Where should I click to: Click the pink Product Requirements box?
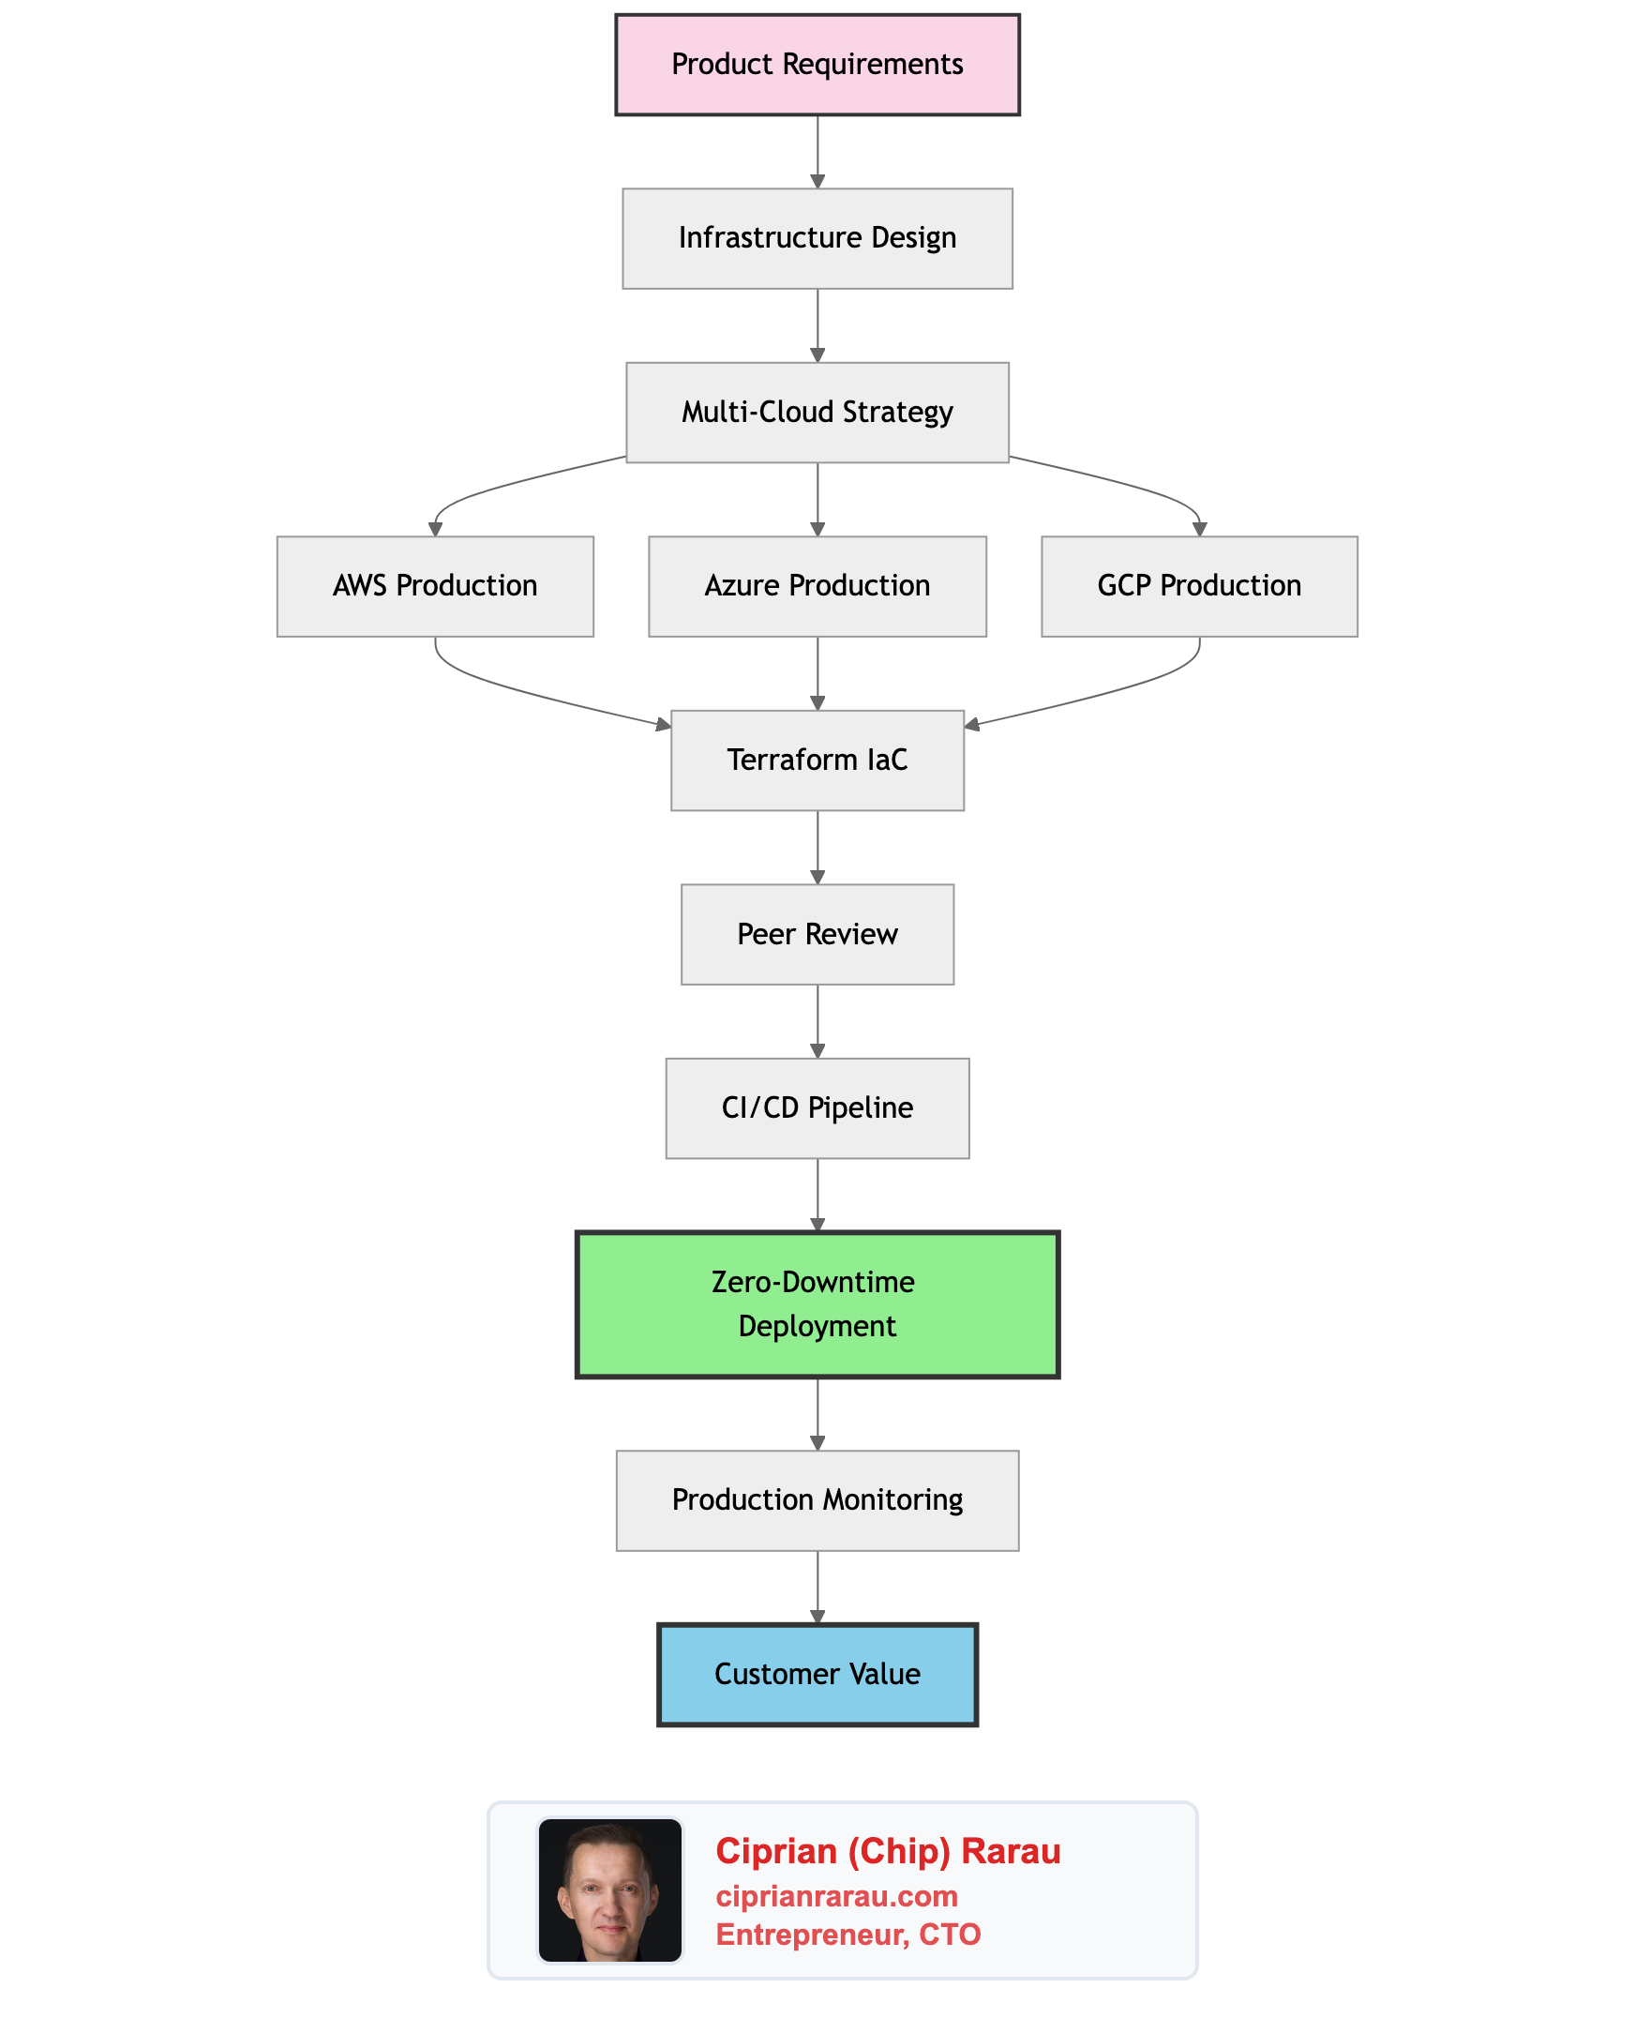817,65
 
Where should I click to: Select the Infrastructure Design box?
817,238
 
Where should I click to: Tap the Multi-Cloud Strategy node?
817,413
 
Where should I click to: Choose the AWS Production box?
435,586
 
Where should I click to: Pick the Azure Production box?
817,586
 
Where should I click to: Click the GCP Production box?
1199,586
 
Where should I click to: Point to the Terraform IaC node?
817,761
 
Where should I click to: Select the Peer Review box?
817,934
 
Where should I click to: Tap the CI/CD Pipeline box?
817,1108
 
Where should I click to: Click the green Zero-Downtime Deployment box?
817,1304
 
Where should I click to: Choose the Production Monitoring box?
817,1500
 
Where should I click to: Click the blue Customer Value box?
817,1674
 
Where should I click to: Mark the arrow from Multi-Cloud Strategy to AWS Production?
494,486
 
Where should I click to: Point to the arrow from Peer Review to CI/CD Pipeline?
817,1021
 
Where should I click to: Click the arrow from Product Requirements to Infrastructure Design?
817,152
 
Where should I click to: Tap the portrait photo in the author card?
610,1890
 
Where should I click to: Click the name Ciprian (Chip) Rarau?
888,1851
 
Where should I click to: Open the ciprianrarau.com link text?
836,1896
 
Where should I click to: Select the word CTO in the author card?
950,1935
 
